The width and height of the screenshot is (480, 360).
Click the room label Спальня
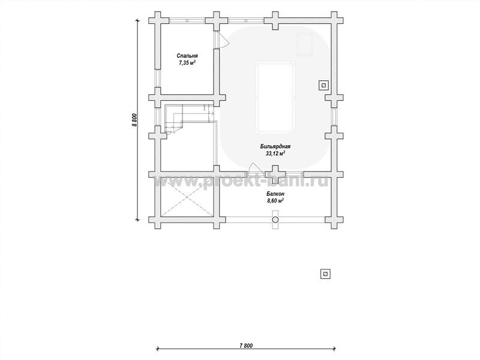tap(187, 56)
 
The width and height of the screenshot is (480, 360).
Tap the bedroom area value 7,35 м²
tap(187, 63)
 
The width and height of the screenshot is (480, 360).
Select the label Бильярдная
tap(275, 146)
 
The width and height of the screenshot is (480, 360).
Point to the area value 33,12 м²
tap(275, 154)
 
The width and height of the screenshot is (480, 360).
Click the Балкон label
tap(275, 194)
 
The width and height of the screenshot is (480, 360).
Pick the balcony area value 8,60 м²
tap(275, 201)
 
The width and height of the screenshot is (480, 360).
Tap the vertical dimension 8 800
tap(134, 120)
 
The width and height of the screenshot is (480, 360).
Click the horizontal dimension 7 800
tap(246, 346)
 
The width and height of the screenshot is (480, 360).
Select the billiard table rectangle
tap(275, 97)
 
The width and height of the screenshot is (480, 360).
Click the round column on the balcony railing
tap(275, 220)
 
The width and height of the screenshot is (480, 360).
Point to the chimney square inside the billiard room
tap(324, 85)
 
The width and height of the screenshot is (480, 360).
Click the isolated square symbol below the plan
tap(326, 274)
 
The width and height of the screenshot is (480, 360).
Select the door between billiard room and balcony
tap(254, 168)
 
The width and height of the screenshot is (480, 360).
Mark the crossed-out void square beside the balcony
tap(187, 197)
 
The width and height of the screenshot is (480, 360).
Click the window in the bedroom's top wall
tap(187, 21)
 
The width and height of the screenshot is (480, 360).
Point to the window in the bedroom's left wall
tap(158, 78)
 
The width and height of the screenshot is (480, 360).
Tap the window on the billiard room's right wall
tap(334, 116)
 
